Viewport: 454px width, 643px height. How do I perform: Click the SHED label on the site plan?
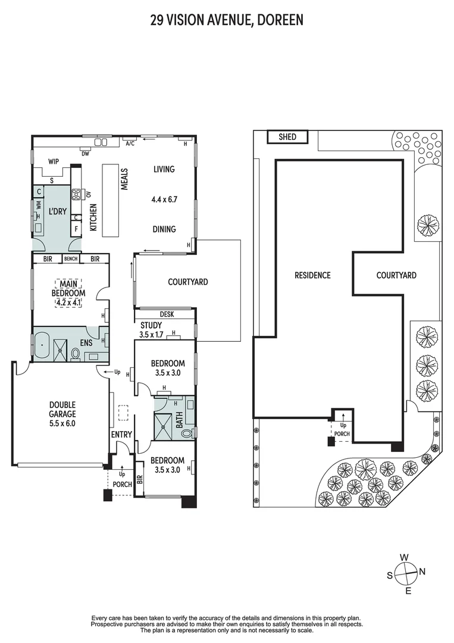(x=287, y=136)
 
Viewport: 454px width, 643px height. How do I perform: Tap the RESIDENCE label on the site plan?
(x=312, y=275)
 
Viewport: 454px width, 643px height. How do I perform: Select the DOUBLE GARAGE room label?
(x=62, y=409)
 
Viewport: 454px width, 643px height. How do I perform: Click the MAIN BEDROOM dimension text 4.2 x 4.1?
(x=68, y=303)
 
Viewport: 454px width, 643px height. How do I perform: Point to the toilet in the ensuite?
(x=76, y=354)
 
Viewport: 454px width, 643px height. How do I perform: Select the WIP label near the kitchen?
(x=54, y=161)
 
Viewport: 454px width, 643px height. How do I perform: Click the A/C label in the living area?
(x=130, y=143)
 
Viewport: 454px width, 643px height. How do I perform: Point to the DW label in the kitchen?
(x=85, y=154)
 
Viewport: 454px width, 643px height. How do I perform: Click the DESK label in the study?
(x=167, y=314)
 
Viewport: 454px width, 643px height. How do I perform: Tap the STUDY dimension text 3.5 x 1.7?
(x=151, y=335)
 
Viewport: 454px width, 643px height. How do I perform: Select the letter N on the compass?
(x=422, y=571)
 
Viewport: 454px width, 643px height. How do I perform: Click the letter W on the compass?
(x=404, y=557)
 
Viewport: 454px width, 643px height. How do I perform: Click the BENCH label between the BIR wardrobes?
(x=71, y=259)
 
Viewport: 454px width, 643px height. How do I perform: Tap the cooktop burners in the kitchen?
(x=76, y=194)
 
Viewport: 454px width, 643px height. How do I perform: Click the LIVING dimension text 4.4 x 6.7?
(x=164, y=199)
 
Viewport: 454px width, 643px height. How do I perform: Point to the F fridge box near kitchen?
(x=76, y=229)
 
